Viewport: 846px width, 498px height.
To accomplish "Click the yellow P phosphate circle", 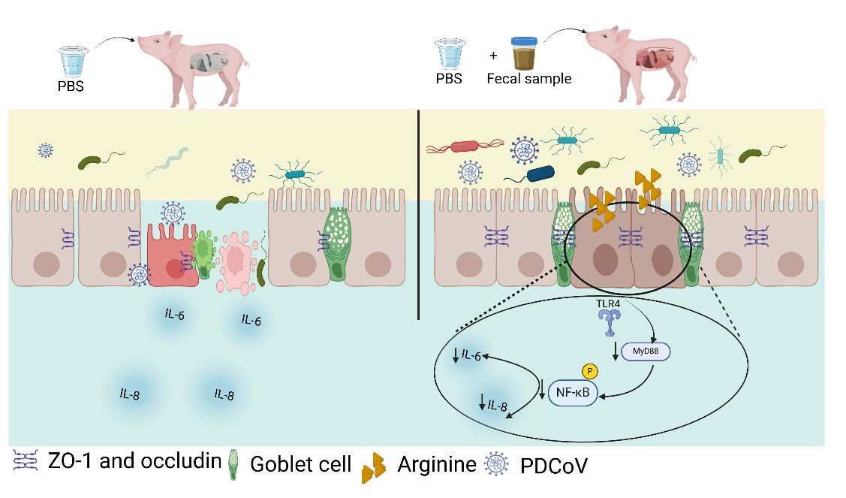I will point(589,370).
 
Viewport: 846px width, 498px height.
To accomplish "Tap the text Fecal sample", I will point(528,79).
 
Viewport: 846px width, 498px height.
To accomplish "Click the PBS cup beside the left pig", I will point(74,60).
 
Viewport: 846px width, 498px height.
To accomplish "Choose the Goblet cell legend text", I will point(300,464).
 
